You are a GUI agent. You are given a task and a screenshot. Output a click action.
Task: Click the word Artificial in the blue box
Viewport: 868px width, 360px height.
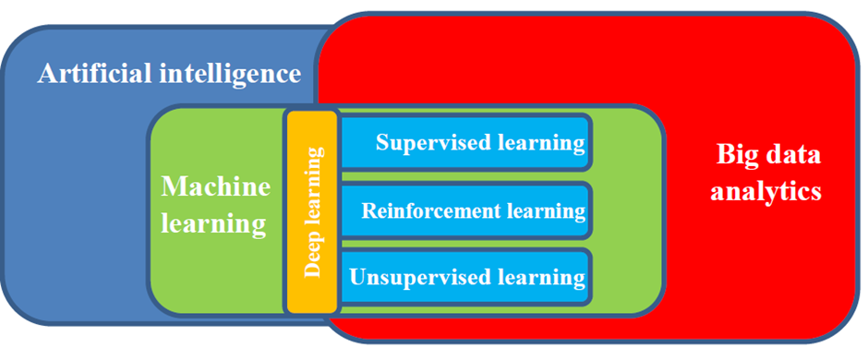click(x=95, y=74)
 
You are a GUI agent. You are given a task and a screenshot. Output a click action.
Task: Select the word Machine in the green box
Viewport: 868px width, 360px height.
click(x=216, y=186)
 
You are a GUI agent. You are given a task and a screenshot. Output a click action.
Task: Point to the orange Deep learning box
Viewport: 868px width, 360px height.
click(x=312, y=211)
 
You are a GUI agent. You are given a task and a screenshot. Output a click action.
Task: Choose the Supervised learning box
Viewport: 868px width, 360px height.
click(x=465, y=141)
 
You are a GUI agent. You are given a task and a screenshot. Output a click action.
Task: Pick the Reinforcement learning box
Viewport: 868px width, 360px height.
click(x=465, y=210)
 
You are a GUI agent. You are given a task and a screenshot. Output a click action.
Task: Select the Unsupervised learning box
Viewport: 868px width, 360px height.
click(x=465, y=277)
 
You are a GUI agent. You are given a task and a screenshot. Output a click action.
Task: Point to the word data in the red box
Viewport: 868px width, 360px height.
click(x=792, y=154)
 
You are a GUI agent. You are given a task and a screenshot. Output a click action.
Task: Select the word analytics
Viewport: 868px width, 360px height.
click(x=766, y=192)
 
